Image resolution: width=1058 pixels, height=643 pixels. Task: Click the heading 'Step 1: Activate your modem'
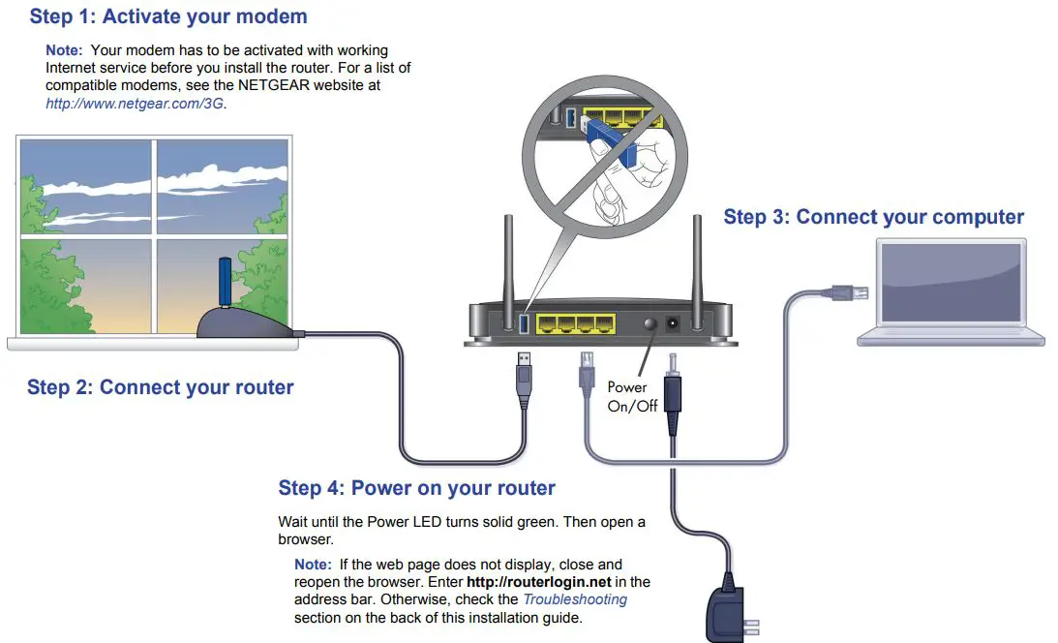(x=168, y=16)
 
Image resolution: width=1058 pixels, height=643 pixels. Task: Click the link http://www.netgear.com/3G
(x=136, y=103)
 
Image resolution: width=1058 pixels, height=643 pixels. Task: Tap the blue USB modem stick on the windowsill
(x=222, y=282)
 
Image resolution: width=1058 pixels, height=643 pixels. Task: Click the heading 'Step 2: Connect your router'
(x=161, y=388)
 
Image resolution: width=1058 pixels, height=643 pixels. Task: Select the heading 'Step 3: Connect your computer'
(x=873, y=217)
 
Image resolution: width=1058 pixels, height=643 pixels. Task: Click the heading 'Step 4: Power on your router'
(x=416, y=487)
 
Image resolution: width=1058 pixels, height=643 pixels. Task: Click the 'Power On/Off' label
(x=631, y=397)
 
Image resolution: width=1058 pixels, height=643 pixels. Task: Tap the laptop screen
(x=949, y=284)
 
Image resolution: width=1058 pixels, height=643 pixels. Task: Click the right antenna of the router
(x=696, y=257)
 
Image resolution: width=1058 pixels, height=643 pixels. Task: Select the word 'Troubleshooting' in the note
(x=575, y=599)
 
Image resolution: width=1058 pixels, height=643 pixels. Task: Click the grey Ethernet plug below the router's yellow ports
(x=587, y=373)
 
